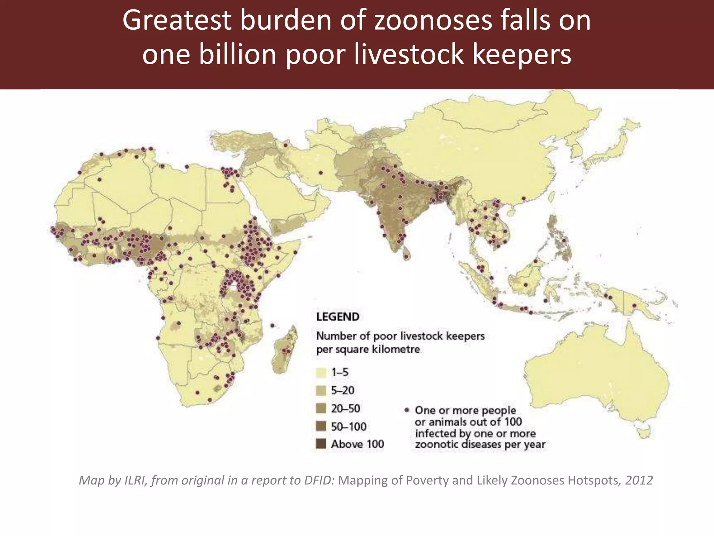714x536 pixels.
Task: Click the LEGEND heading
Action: coord(337,317)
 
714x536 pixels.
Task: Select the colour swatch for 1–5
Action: coord(321,372)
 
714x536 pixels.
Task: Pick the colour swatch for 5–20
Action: coord(321,390)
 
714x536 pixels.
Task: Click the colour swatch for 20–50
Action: coord(321,408)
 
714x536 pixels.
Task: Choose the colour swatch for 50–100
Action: coord(321,426)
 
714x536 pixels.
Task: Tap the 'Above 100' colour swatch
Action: coord(321,444)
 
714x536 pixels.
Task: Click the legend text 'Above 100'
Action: coord(357,444)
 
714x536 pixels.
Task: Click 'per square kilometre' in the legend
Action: coord(368,349)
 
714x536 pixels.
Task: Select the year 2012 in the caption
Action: coord(639,480)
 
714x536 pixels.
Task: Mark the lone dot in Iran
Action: coord(321,173)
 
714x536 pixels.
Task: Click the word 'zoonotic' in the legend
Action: coord(437,444)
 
